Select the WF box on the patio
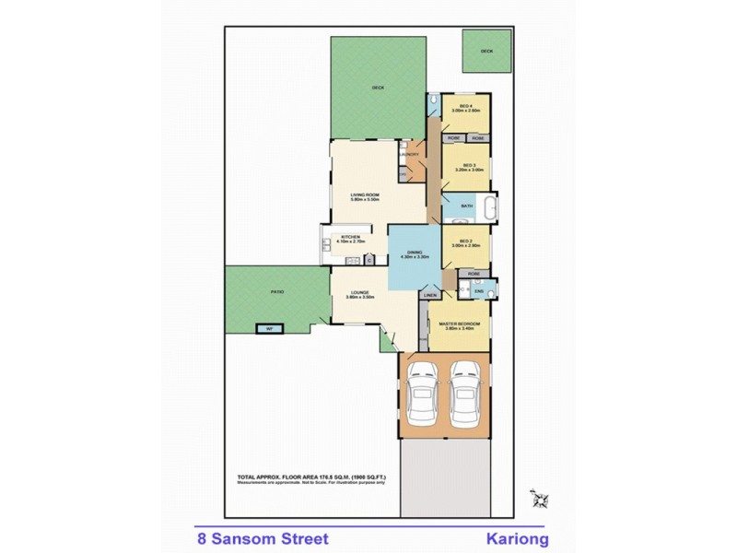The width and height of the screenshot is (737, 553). tap(270, 329)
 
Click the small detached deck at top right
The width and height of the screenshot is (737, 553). tap(487, 52)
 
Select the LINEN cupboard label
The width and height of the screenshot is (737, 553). tap(429, 295)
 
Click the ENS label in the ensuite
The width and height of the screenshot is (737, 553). tap(479, 291)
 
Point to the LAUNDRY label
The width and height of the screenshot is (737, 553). tap(410, 154)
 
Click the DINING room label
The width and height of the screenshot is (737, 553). tap(415, 251)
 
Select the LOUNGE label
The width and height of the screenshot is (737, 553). tap(360, 292)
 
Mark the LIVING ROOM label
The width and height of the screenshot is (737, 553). tap(366, 194)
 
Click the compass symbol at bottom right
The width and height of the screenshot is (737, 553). tap(538, 499)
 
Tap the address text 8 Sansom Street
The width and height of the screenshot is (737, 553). tap(256, 537)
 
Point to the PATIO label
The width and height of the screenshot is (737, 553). tap(276, 291)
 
